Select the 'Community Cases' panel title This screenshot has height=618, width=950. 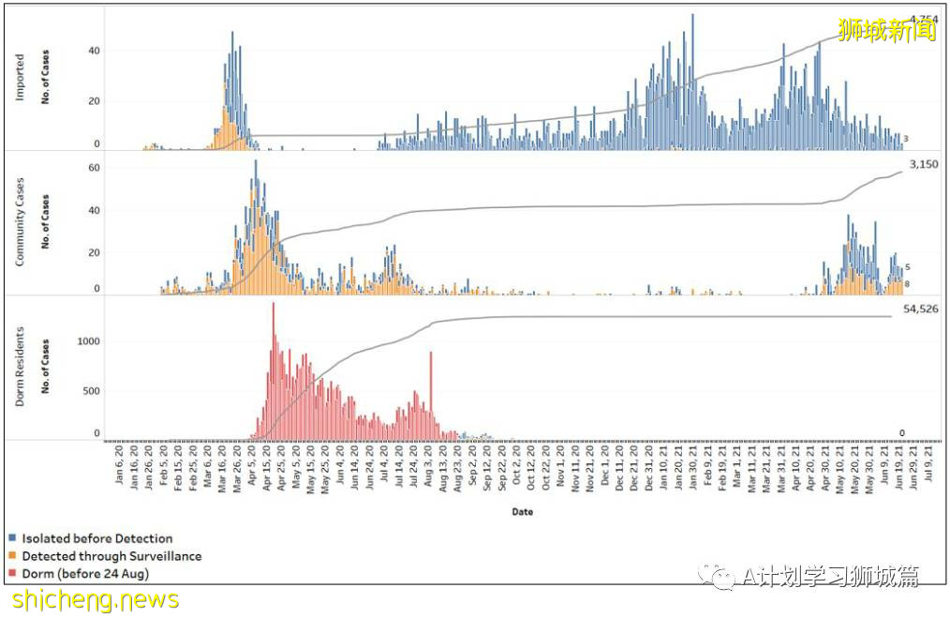point(20,220)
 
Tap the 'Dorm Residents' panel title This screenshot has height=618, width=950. point(20,367)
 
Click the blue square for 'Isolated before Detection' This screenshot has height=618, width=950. point(12,539)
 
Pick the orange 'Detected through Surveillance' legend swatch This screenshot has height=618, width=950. point(12,556)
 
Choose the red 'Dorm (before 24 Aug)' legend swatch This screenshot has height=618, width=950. point(12,573)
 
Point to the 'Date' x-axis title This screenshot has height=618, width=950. point(523,512)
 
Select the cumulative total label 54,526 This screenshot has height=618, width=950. point(919,308)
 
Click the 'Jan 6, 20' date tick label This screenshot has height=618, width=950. point(119,465)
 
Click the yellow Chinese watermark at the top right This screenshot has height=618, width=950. point(886,31)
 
